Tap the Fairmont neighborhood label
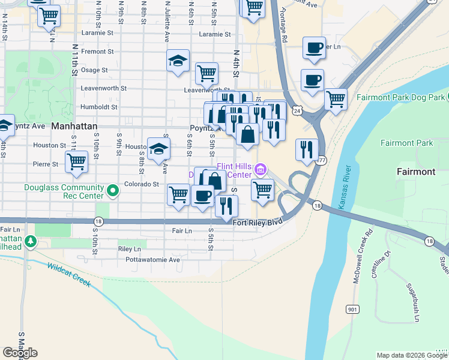[x=416, y=172]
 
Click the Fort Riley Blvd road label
[x=257, y=222]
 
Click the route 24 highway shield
[x=297, y=110]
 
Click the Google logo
[x=20, y=353]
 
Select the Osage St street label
[x=94, y=70]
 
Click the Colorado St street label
[x=141, y=184]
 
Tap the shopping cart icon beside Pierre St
[x=77, y=161]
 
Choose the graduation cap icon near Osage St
[x=178, y=61]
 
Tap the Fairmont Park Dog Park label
[x=401, y=97]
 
